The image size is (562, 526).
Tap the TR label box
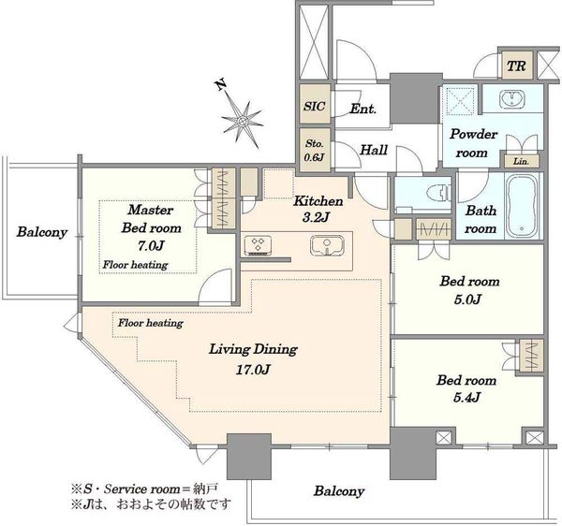tap(517, 66)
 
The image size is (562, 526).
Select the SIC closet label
tap(315, 106)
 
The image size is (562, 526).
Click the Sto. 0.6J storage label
tap(315, 150)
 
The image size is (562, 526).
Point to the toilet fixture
tap(438, 194)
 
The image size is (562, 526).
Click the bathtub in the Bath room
tap(523, 206)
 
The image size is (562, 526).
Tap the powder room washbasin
tap(512, 98)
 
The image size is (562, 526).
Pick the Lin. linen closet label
tap(521, 162)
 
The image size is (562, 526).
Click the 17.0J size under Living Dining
tap(252, 369)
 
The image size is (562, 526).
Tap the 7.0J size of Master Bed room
tap(151, 246)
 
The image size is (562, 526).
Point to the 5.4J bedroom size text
tap(466, 398)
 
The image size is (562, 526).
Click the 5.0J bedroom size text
tap(467, 299)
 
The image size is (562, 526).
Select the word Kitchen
tap(318, 201)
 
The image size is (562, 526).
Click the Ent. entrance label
tap(362, 109)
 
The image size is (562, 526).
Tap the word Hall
tap(374, 150)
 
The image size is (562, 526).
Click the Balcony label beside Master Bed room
tap(42, 232)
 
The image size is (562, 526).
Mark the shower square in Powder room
tap(460, 99)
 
